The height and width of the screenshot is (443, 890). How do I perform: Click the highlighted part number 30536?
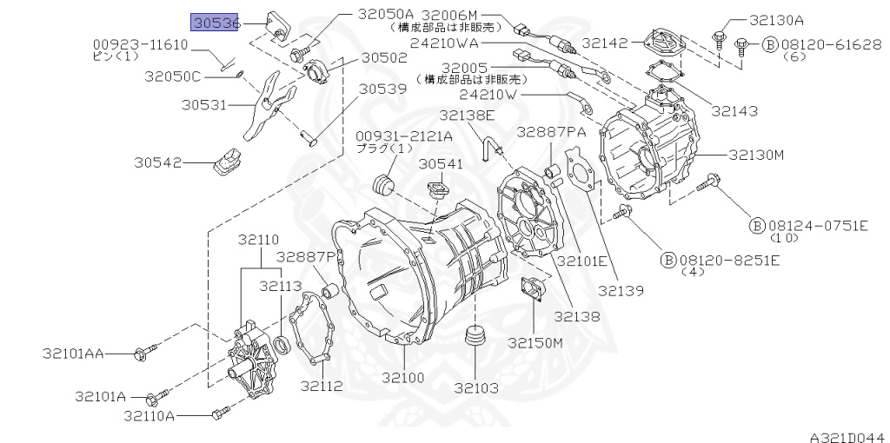coord(216,23)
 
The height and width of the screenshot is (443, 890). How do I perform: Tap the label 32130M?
coord(756,155)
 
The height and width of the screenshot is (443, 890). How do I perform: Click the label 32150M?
coord(535,342)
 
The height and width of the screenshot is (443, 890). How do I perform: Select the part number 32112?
coord(321,386)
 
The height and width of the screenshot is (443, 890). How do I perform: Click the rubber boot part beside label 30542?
coord(229,162)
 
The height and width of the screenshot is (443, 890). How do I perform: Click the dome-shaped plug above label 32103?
coord(475,338)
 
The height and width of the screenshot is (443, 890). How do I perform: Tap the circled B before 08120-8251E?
coord(668,260)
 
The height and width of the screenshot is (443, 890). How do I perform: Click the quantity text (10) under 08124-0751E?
coord(784,238)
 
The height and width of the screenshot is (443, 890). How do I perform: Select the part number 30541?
coord(441,163)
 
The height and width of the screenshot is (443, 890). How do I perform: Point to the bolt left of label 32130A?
coord(719,37)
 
